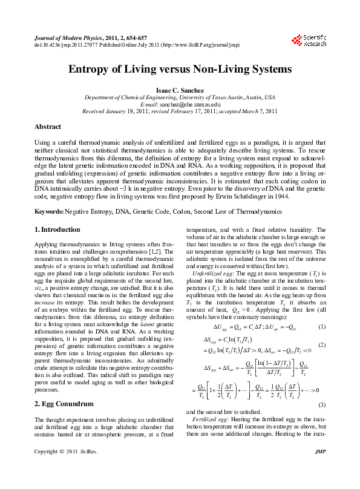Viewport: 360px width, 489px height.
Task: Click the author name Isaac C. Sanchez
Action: coord(180,88)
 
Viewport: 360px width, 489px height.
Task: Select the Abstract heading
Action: coord(47,127)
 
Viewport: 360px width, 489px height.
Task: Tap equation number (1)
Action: coord(321,327)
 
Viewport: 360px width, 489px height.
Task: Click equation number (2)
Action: coord(321,344)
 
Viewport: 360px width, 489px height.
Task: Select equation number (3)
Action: coord(321,404)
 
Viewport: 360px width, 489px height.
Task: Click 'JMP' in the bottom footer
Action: coord(321,469)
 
